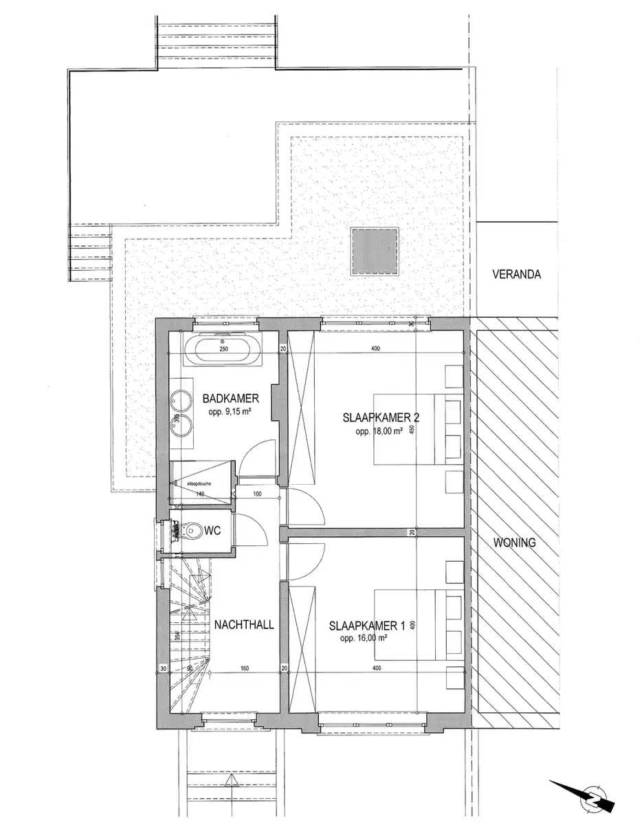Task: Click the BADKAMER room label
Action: click(230, 398)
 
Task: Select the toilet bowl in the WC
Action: click(190, 530)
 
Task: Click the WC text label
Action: click(212, 530)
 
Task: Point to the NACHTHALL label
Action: click(244, 625)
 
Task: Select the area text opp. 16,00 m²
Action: click(363, 639)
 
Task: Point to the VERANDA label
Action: click(516, 274)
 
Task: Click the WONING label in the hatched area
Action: click(514, 542)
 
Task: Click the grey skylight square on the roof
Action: click(375, 251)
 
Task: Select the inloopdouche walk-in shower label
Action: click(197, 483)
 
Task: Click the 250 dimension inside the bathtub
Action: click(223, 349)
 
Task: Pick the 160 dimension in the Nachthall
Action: click(244, 668)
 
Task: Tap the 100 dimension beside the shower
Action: click(257, 494)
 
